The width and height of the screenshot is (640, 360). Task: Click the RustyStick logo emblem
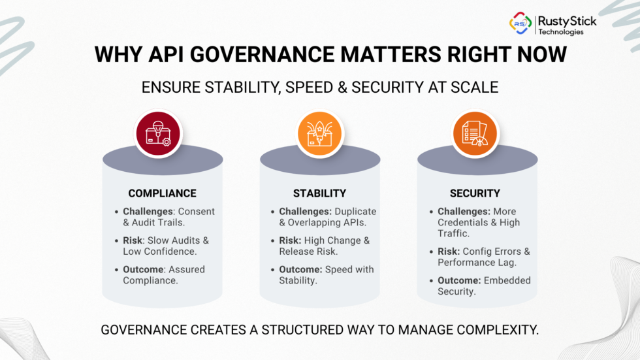520,23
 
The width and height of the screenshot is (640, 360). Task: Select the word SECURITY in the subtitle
387,88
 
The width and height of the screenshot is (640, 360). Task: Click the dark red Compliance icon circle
158,133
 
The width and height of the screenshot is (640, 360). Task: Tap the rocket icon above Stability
319,133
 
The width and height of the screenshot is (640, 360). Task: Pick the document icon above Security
475,133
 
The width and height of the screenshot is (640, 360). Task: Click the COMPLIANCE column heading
163,193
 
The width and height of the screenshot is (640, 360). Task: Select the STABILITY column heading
319,193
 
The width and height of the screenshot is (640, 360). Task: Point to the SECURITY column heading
475,193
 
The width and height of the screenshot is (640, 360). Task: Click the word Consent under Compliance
197,212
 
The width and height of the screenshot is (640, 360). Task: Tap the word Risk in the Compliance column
133,240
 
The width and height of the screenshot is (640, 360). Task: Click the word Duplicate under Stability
355,212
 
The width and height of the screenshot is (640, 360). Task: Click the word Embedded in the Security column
507,280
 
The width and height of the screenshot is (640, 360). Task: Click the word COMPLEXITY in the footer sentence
498,330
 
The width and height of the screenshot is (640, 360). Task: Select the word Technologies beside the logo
561,32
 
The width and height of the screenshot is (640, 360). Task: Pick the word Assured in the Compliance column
187,269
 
